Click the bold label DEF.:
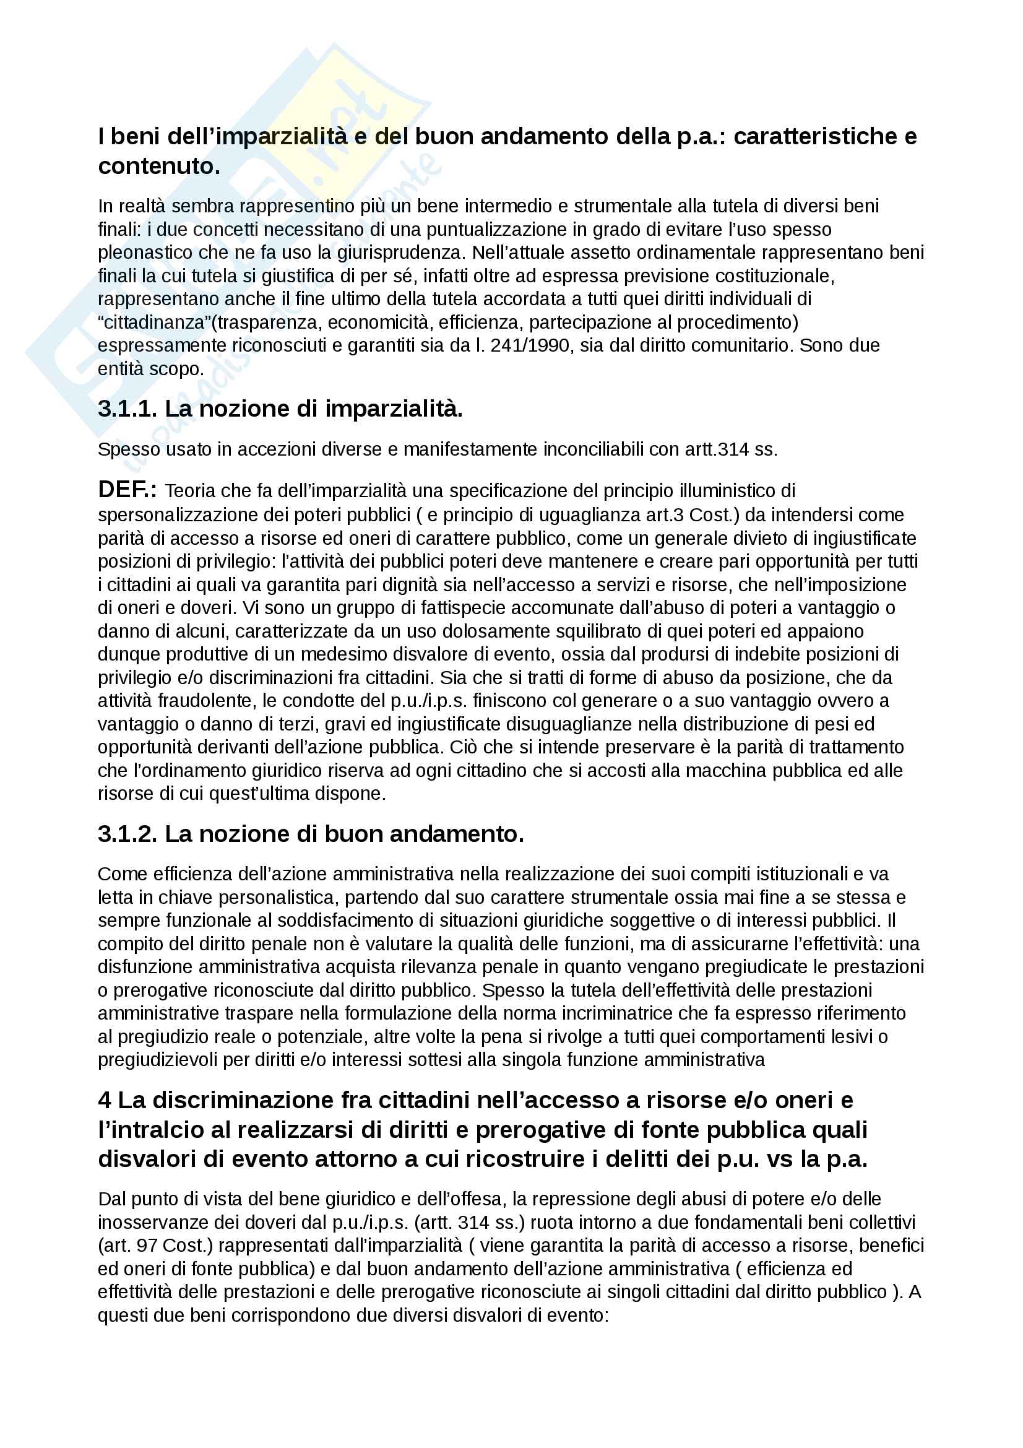click(127, 490)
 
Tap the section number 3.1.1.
click(127, 409)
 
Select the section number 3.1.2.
click(127, 834)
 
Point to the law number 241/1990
click(530, 345)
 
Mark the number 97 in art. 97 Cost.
click(147, 1246)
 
